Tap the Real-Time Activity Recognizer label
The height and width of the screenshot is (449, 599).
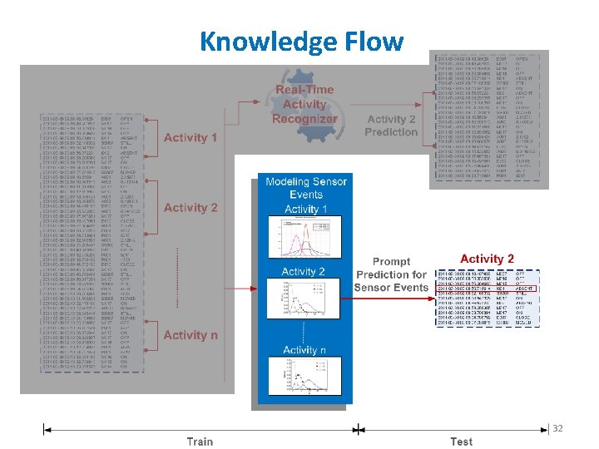pos(304,105)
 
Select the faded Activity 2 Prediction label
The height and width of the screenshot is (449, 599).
pos(391,126)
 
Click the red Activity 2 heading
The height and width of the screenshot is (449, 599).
pos(487,259)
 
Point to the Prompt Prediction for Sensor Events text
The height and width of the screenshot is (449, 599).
pos(391,274)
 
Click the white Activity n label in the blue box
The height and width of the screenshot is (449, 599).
pos(304,350)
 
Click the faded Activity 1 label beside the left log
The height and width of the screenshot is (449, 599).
pos(191,137)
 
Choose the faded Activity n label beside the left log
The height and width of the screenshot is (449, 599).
pos(191,335)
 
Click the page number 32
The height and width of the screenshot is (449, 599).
pos(557,428)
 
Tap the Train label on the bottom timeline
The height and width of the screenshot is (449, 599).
pos(200,442)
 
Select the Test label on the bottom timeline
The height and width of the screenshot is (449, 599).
pos(461,442)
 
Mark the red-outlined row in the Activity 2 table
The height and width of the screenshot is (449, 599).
pos(487,289)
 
